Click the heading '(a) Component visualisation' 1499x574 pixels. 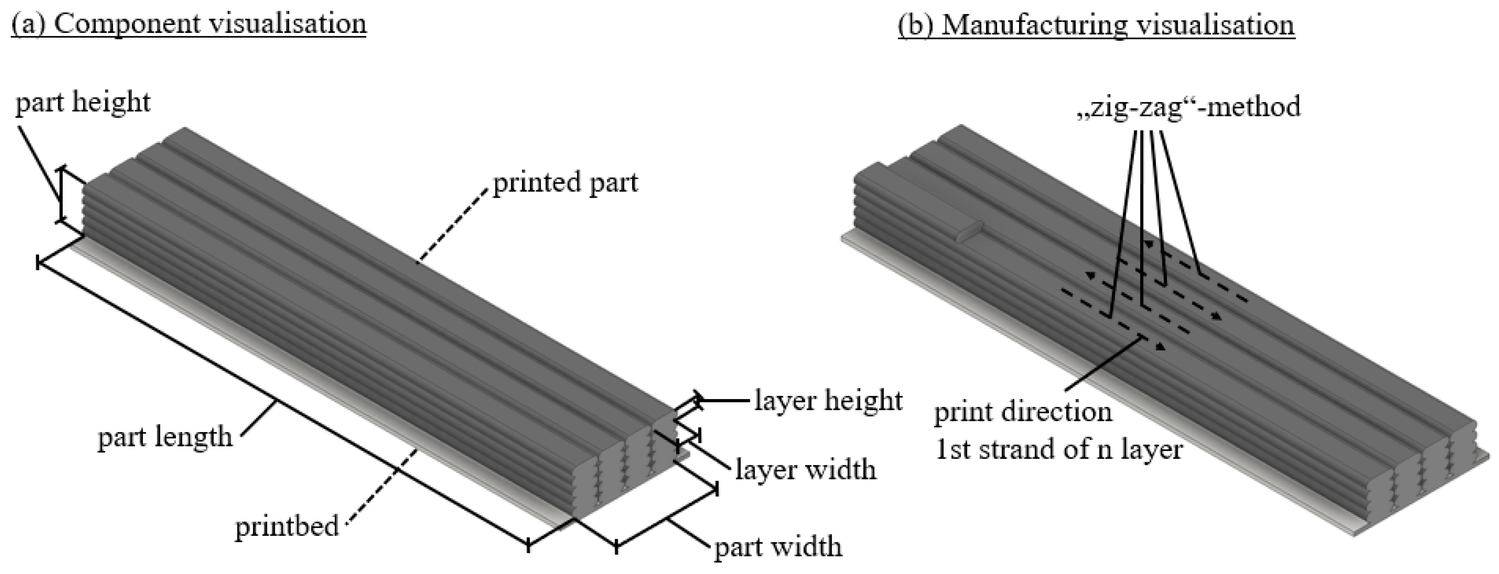[189, 25]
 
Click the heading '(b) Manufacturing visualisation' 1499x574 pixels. [1096, 26]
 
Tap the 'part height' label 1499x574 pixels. [83, 103]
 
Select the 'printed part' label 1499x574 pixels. [565, 183]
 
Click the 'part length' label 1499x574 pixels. [165, 437]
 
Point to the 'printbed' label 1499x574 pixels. [287, 527]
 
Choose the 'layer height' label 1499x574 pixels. [828, 401]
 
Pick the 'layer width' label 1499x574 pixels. [805, 469]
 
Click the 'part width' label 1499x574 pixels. [778, 547]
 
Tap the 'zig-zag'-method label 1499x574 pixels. [1188, 107]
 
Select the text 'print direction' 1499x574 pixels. [1023, 413]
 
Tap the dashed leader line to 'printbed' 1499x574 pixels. [384, 484]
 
